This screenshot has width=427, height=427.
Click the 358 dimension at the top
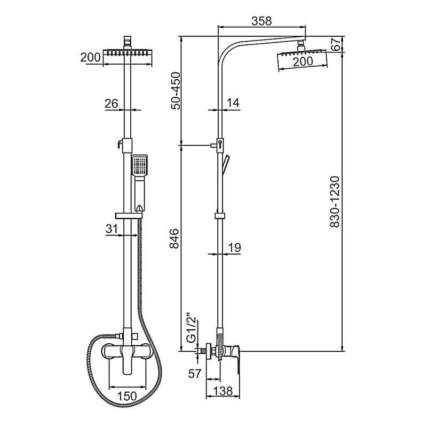point(262,21)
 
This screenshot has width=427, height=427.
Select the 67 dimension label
point(336,44)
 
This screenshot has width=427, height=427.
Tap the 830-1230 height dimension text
point(335,202)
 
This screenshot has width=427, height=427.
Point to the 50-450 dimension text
point(176,91)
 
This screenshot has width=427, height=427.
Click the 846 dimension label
point(175,239)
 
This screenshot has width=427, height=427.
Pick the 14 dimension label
point(233,102)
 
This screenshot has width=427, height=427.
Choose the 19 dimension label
point(234,248)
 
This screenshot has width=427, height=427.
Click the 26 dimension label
point(112,104)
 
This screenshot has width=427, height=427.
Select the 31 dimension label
point(112,229)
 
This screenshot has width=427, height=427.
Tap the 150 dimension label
point(128,396)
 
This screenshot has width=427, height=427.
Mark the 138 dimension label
point(223,391)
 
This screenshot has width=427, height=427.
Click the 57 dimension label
point(195,374)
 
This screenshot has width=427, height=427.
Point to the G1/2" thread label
point(192,329)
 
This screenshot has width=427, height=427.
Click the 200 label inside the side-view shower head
point(303,61)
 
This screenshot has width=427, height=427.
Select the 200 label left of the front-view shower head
point(90,58)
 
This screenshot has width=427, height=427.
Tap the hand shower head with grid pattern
point(139,165)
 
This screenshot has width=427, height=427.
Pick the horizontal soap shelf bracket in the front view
point(129,216)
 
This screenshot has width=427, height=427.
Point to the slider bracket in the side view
point(220,216)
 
